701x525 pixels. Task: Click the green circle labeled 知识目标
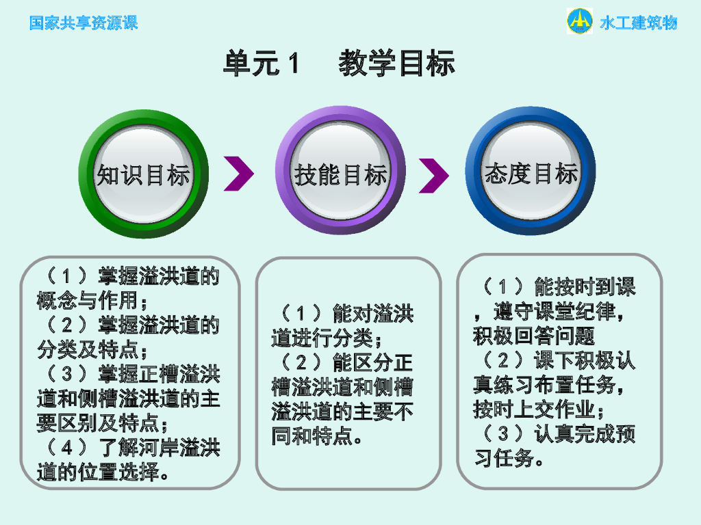(143, 174)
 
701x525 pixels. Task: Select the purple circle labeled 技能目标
(340, 174)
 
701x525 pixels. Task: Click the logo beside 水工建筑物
(580, 21)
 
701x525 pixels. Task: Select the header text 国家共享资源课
(84, 23)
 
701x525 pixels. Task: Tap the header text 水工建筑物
(639, 23)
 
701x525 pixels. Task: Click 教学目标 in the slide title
(397, 64)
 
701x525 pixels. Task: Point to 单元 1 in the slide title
(262, 64)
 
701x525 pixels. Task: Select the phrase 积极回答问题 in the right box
(534, 336)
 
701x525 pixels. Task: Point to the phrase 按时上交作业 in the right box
(534, 409)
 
